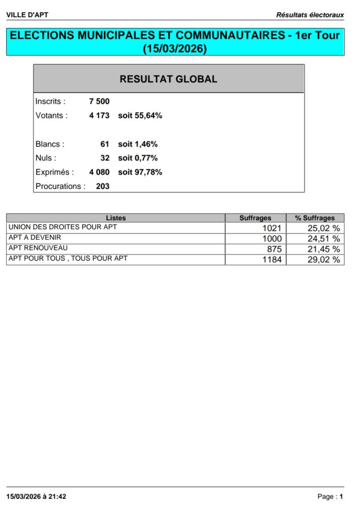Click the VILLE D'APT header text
(27, 15)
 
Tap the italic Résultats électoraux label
(310, 15)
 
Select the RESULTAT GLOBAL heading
(169, 79)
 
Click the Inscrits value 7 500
(99, 102)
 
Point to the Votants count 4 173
(99, 116)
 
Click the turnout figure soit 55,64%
(140, 116)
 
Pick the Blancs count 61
(105, 144)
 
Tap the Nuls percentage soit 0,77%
(138, 158)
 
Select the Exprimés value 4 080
(99, 172)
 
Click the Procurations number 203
(103, 186)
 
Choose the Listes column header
(116, 218)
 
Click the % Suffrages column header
(315, 218)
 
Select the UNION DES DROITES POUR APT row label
(63, 227)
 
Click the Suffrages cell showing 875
(274, 249)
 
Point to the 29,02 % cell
(324, 260)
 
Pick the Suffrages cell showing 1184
(272, 260)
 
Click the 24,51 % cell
(324, 239)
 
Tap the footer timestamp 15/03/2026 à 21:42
(36, 497)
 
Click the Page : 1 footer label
(330, 497)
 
